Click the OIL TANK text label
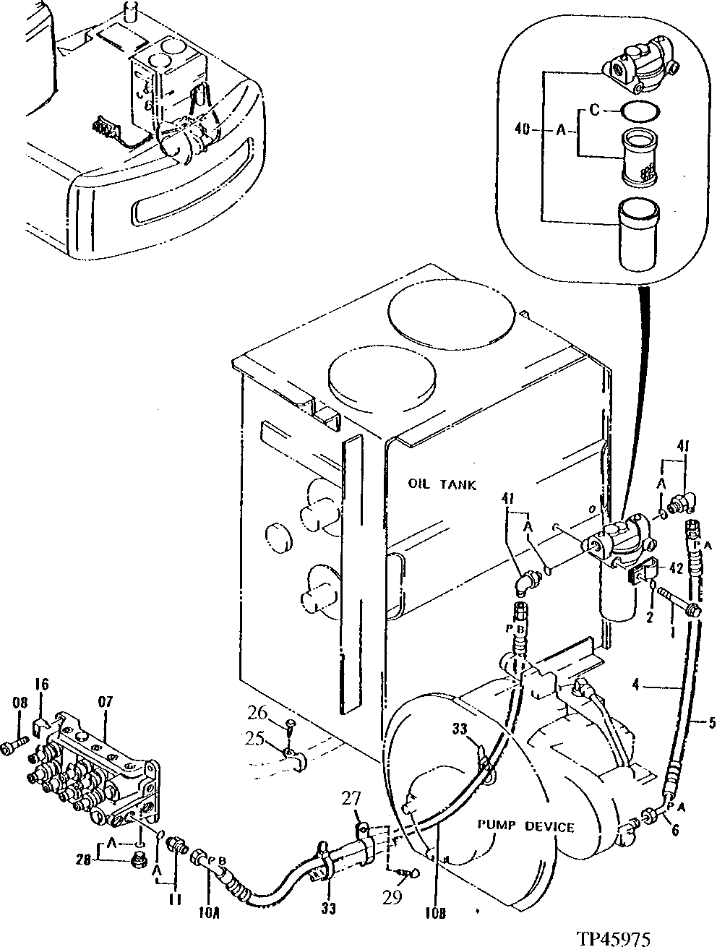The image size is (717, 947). pos(442,484)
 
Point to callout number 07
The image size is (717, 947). pos(106,700)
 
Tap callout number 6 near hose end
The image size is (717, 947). pos(674,831)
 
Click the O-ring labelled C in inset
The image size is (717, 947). pos(640,111)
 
